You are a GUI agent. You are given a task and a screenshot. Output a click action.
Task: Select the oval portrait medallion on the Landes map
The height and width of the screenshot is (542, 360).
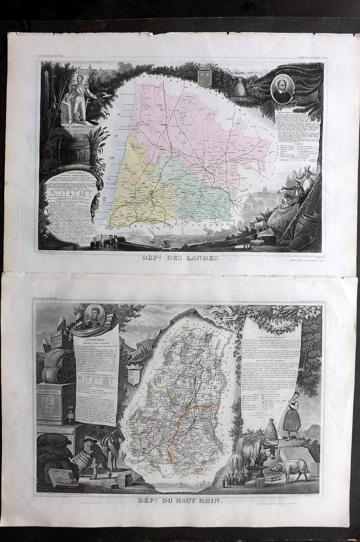coord(283,89)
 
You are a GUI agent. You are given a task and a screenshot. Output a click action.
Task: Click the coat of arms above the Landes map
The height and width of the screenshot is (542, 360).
coord(204,76)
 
